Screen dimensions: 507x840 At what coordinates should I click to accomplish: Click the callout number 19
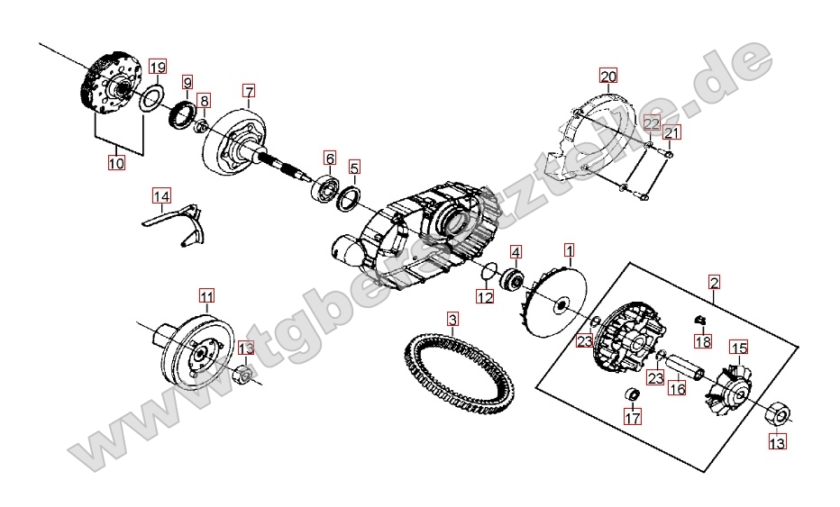click(158, 67)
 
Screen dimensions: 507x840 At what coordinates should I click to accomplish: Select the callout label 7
click(249, 90)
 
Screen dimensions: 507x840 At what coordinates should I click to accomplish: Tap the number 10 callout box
click(116, 163)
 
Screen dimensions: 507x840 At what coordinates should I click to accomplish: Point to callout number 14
click(160, 196)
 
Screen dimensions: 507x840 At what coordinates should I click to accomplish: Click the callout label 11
click(206, 295)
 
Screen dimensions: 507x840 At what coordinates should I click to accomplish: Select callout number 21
click(672, 133)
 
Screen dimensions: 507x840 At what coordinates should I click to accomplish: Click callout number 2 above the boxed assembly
click(714, 283)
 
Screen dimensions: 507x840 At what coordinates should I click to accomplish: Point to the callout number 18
click(703, 340)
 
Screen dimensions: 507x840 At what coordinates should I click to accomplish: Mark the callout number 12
click(485, 296)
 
